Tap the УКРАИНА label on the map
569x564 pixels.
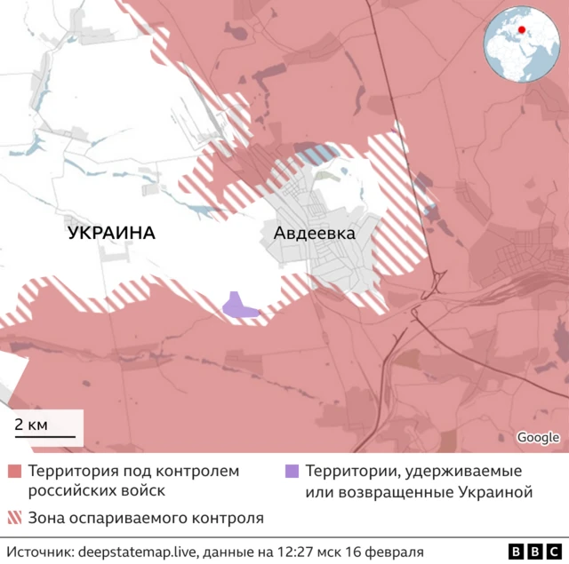tap(111, 234)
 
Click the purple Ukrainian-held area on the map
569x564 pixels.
tap(237, 306)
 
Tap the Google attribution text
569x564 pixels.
tap(538, 437)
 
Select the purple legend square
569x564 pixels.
tap(292, 471)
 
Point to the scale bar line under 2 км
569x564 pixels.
tap(44, 436)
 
